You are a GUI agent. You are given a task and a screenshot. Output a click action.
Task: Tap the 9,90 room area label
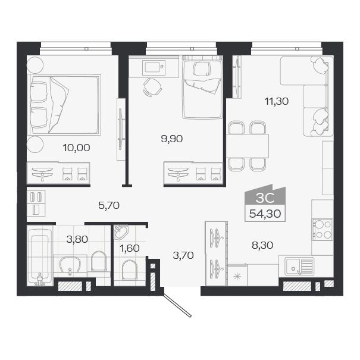171,139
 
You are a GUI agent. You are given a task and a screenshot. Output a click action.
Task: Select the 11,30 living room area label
277,101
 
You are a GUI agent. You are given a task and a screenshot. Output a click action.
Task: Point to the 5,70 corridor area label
109,206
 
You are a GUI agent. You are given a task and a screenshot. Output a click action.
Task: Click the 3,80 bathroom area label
76,240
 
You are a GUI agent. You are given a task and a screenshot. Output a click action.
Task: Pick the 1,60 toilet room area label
129,248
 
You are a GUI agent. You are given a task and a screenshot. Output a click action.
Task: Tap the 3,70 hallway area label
183,256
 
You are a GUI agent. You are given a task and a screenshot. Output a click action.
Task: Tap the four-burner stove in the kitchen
323,229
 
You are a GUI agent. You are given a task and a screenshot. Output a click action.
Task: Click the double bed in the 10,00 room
65,104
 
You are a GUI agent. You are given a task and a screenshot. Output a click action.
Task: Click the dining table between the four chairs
248,145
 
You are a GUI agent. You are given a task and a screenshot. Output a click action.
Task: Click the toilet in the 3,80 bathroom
99,261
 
